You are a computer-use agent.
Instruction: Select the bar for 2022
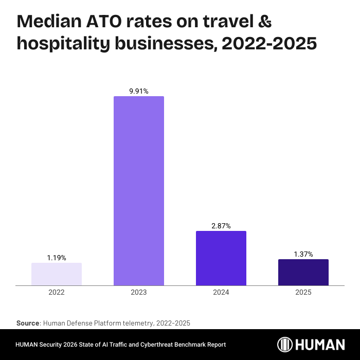tap(57, 274)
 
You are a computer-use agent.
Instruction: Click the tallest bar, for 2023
tap(139, 191)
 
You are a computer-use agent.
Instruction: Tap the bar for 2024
tap(221, 258)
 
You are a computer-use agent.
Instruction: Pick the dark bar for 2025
tap(303, 272)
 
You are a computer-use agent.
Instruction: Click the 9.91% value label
tap(139, 91)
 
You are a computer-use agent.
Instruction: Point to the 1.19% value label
tap(57, 258)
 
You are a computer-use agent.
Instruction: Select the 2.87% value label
tap(221, 226)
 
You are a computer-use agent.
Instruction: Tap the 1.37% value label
tap(303, 254)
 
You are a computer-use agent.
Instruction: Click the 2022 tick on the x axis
tap(57, 292)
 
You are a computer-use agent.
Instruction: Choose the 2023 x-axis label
tap(139, 292)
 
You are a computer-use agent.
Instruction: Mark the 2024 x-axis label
tap(221, 292)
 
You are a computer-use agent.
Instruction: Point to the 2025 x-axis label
tap(303, 292)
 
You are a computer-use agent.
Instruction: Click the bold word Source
tap(28, 323)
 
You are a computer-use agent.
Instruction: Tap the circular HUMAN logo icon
tap(285, 345)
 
